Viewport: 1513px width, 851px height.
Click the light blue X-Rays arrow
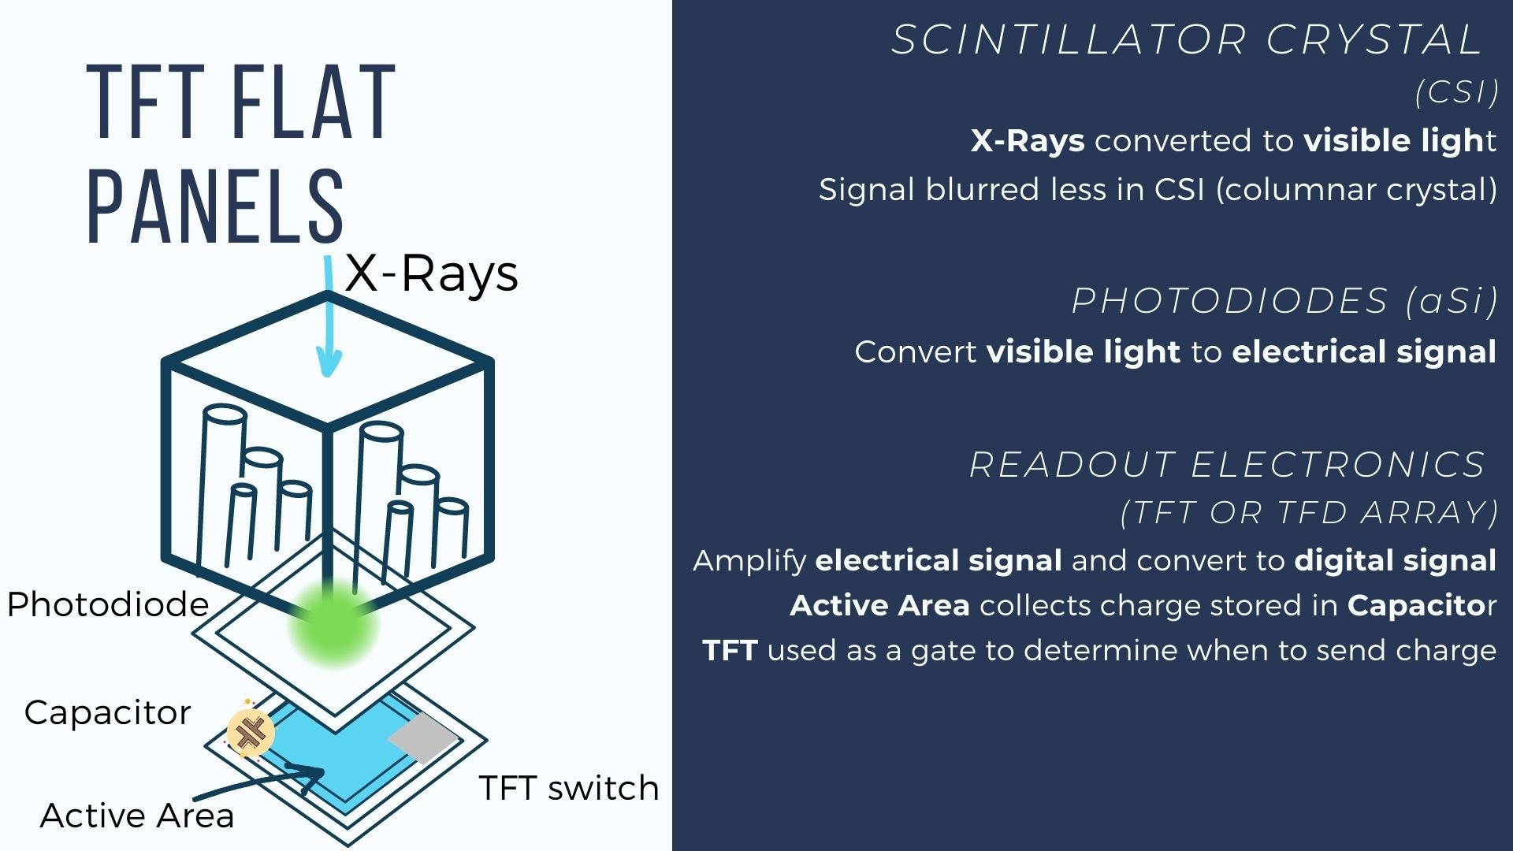(x=327, y=315)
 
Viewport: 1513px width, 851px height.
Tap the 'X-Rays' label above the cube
(x=432, y=274)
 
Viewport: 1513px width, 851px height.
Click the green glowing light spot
(x=333, y=625)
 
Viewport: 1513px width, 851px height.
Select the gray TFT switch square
(x=423, y=738)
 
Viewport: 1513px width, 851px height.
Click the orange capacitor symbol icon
(x=251, y=732)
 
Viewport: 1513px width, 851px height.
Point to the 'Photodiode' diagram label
(x=108, y=605)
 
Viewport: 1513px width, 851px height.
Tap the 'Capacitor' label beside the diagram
(x=108, y=713)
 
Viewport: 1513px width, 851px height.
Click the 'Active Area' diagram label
(x=137, y=816)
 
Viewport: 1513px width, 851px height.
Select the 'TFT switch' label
(x=569, y=788)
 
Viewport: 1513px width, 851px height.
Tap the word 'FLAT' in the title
(x=313, y=102)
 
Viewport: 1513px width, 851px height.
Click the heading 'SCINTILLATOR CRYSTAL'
(x=1188, y=39)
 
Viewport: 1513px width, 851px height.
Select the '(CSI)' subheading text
(x=1456, y=93)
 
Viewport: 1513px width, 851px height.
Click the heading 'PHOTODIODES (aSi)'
(x=1284, y=301)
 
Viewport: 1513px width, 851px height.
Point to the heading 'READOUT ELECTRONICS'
(x=1227, y=465)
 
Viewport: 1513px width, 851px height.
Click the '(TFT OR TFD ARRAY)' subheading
(x=1309, y=513)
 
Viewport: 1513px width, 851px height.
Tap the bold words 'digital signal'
(x=1395, y=561)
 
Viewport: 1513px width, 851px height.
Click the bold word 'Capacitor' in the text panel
(x=1416, y=605)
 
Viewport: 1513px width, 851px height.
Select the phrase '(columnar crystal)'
(x=1356, y=190)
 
